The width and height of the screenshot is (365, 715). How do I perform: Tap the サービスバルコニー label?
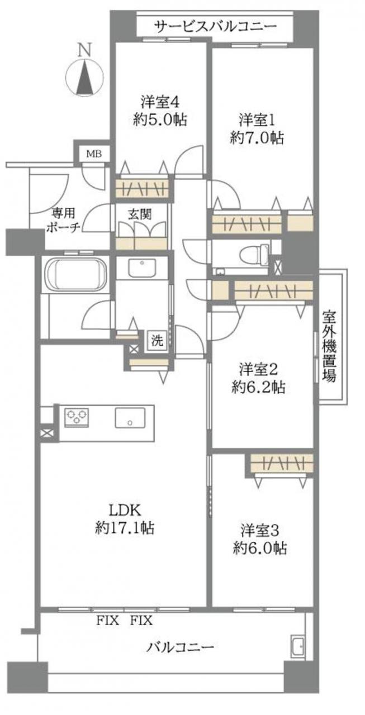tap(216, 27)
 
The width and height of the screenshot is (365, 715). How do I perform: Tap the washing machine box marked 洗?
tap(157, 341)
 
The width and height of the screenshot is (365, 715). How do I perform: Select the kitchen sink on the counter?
tap(130, 417)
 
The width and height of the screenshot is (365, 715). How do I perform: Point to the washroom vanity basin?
tap(142, 268)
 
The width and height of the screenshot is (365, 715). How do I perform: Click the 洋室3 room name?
tap(260, 531)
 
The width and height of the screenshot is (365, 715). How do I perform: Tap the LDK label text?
tap(125, 511)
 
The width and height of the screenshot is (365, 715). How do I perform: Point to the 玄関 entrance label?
tap(140, 214)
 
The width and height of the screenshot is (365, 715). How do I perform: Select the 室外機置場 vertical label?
tap(329, 346)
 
